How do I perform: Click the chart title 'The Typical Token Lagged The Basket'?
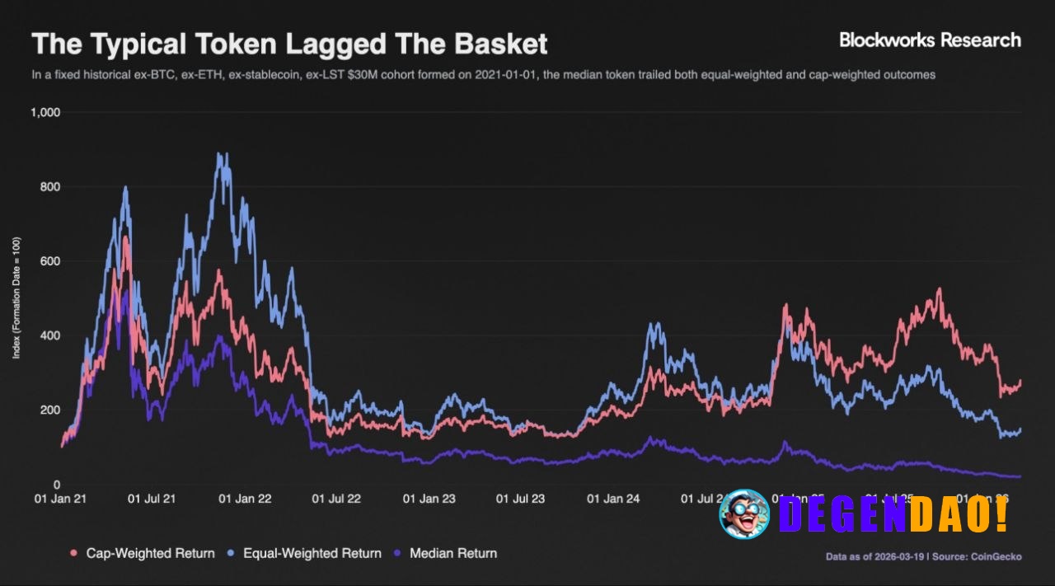pos(288,44)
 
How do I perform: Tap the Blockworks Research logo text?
pos(929,40)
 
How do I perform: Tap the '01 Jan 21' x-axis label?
pos(60,499)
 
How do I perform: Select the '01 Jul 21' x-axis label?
pos(153,499)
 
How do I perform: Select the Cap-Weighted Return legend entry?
pos(142,553)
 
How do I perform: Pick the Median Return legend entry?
pos(445,553)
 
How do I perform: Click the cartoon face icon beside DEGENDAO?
pos(743,513)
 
